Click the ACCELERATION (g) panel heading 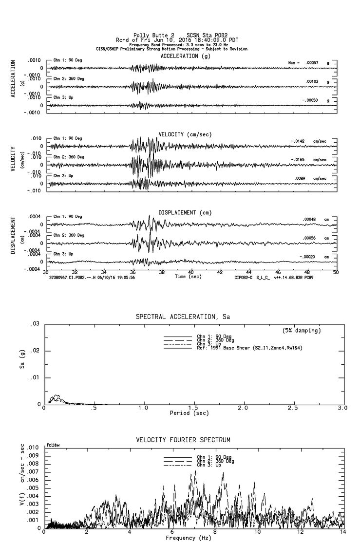pos(186,56)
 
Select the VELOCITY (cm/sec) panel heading pos(186,134)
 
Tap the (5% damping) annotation pos(301,331)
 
